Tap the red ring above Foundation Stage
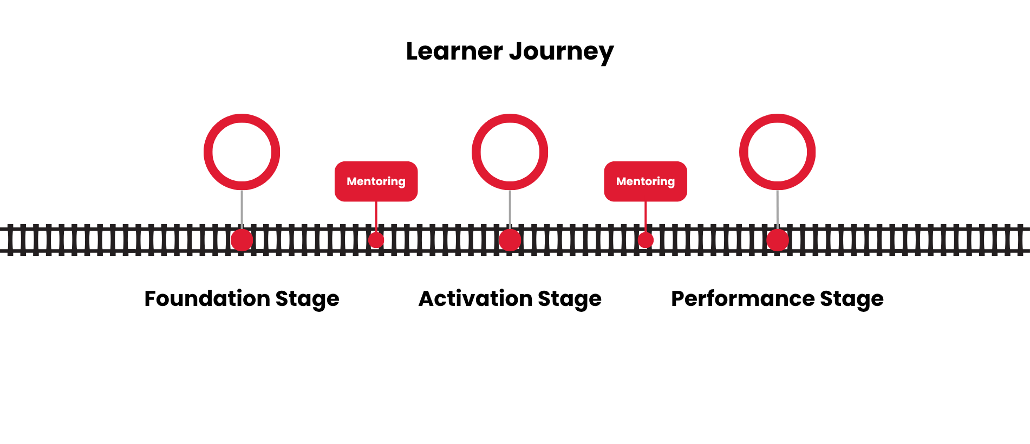click(242, 117)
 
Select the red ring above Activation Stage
click(510, 117)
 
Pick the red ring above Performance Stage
click(777, 117)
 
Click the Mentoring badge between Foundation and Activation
click(376, 181)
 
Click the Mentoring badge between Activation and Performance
click(646, 181)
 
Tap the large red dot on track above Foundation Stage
click(242, 240)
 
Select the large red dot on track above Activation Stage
click(510, 240)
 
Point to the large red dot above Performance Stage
click(778, 240)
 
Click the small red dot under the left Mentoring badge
click(376, 240)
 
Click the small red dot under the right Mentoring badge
click(646, 240)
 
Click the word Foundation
click(207, 298)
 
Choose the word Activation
click(475, 298)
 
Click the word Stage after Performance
click(852, 299)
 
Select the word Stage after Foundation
click(308, 299)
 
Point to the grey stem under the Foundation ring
click(242, 208)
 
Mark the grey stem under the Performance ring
click(777, 208)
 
